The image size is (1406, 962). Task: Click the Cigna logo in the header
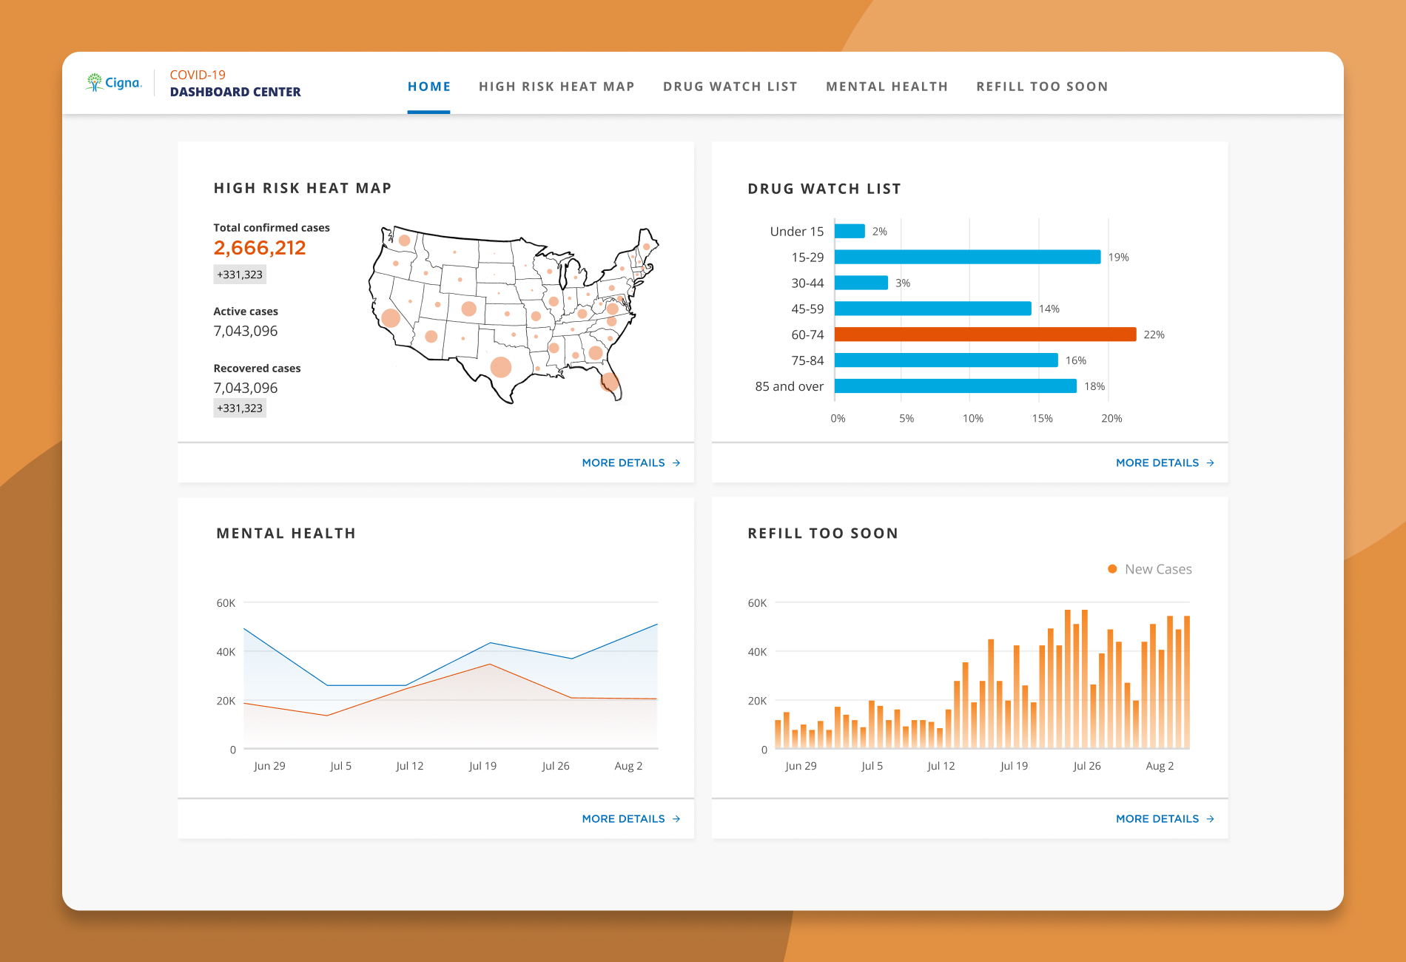[x=113, y=82]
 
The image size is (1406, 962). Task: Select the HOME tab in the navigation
[x=429, y=87]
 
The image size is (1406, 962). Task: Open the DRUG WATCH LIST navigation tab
[x=730, y=87]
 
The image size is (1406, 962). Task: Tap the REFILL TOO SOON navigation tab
[x=1042, y=87]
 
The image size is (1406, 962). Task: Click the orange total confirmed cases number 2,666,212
[x=260, y=248]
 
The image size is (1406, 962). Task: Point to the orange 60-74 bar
[x=985, y=334]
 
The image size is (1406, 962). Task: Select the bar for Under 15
[x=850, y=231]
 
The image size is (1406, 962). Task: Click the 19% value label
[x=1118, y=258]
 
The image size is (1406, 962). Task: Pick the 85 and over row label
[x=789, y=386]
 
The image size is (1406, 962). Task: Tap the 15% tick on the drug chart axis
[x=1042, y=419]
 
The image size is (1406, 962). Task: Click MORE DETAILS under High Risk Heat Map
[x=631, y=463]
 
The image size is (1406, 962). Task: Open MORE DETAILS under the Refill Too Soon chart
[x=1165, y=819]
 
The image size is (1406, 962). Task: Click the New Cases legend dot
[x=1112, y=569]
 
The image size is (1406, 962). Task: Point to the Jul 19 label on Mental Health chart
[x=482, y=766]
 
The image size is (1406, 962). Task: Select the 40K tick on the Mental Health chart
[x=226, y=652]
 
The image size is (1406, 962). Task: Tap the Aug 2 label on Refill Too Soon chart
[x=1160, y=766]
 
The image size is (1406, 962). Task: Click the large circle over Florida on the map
[x=609, y=382]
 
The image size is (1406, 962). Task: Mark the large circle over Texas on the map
[x=501, y=367]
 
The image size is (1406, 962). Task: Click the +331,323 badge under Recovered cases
[x=240, y=408]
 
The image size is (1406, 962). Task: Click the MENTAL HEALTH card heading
[x=286, y=534]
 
